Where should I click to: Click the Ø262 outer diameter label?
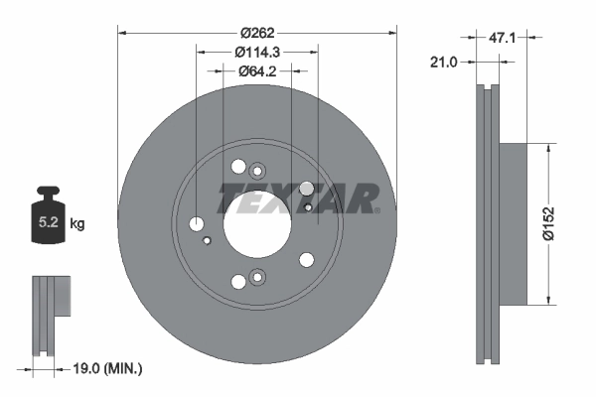tap(256, 16)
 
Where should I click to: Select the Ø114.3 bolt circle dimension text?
tap(256, 52)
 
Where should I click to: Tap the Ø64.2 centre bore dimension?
tap(256, 70)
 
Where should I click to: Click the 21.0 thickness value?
tap(443, 63)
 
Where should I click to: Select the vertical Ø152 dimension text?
tap(562, 223)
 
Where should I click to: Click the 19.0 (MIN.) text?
tap(110, 368)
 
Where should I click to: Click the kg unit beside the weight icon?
tap(77, 224)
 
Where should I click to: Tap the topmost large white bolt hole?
tap(237, 167)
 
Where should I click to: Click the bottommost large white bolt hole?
tap(237, 282)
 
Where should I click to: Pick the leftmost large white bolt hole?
tap(197, 223)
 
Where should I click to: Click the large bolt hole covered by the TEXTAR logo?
tap(306, 189)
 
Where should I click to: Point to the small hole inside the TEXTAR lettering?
tap(309, 207)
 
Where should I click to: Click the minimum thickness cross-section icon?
tap(51, 313)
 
